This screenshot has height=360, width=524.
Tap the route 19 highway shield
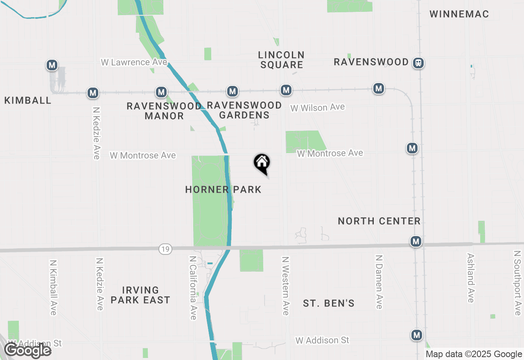165,249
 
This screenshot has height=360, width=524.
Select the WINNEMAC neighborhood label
459,14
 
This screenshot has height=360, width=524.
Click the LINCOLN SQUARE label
281,60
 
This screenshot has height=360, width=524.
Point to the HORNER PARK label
223,189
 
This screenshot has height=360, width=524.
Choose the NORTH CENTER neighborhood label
379,221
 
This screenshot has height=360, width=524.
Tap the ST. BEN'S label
329,304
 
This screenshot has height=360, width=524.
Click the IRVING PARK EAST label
140,295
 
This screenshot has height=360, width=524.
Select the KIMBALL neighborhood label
28,101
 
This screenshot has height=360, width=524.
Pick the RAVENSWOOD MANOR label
164,111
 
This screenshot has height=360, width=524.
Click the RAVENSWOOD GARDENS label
244,110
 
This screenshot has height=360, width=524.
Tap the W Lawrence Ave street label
134,62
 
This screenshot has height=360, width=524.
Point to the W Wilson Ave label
318,108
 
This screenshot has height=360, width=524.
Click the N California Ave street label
193,288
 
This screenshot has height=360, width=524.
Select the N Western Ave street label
285,286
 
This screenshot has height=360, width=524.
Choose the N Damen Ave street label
379,282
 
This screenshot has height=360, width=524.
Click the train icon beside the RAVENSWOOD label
418,63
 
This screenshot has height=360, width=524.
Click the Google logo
28,350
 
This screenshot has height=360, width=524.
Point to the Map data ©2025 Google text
474,354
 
